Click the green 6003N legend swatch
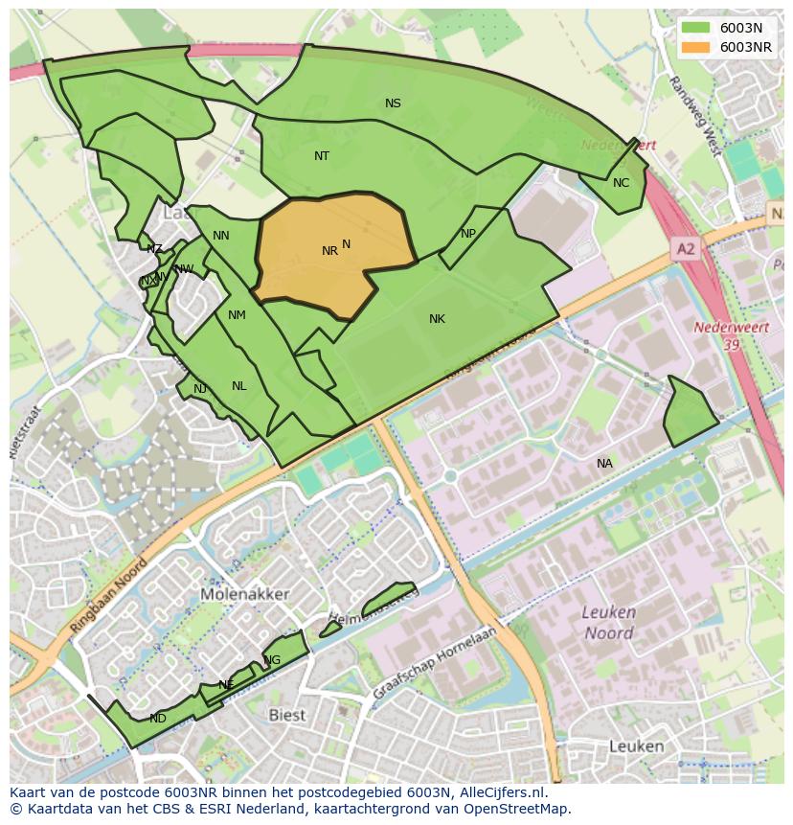pos(695,28)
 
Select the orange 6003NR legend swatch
pos(695,47)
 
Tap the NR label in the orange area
pos(329,251)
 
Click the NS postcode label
pos(393,103)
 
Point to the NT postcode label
pos(322,156)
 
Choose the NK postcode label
pos(437,319)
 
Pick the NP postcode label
pos(468,234)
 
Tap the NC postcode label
pos(621,183)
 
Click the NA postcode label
pos(604,464)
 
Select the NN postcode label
pos(221,236)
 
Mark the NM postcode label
pos(237,315)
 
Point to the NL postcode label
pos(238,386)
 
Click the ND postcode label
pos(158,719)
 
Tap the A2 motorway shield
pos(686,249)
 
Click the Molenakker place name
pos(245,594)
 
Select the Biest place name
pos(286,715)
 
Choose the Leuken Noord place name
pos(608,623)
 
